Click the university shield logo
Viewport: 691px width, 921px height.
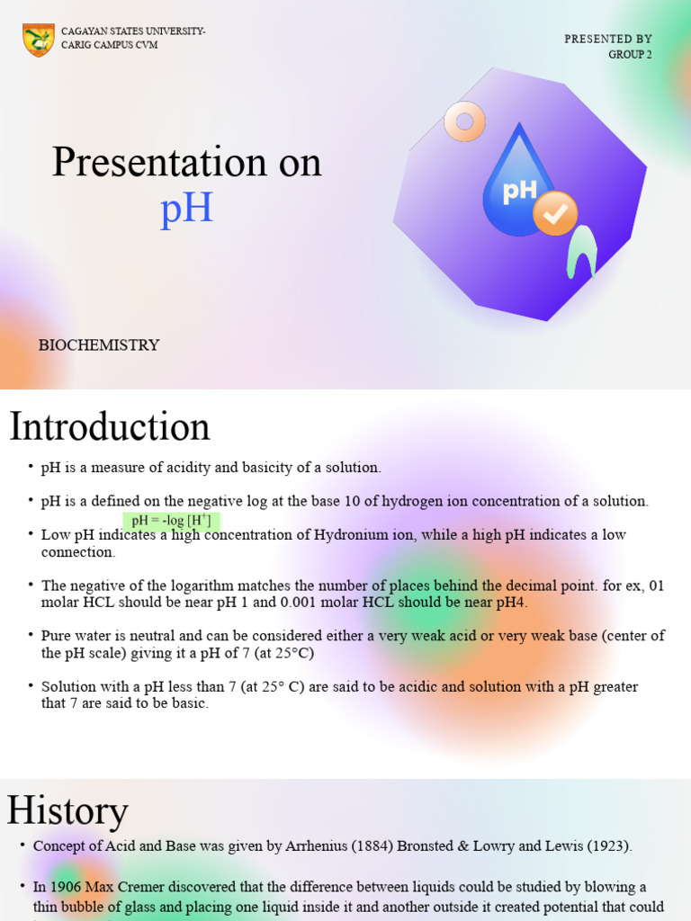point(39,40)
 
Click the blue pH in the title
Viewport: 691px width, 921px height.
point(186,208)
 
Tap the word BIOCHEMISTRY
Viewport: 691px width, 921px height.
point(99,345)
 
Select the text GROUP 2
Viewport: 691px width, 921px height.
point(630,54)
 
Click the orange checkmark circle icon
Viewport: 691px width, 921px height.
point(555,213)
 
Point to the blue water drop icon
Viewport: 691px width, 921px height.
point(517,184)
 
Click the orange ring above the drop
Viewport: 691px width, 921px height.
point(464,121)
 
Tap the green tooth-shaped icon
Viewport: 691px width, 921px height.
point(583,251)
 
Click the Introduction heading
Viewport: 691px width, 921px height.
point(109,426)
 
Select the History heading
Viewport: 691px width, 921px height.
point(67,810)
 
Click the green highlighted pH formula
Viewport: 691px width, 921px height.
point(171,521)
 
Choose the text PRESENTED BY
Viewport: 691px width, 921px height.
point(607,39)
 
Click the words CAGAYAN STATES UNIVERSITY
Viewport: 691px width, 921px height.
point(132,32)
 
